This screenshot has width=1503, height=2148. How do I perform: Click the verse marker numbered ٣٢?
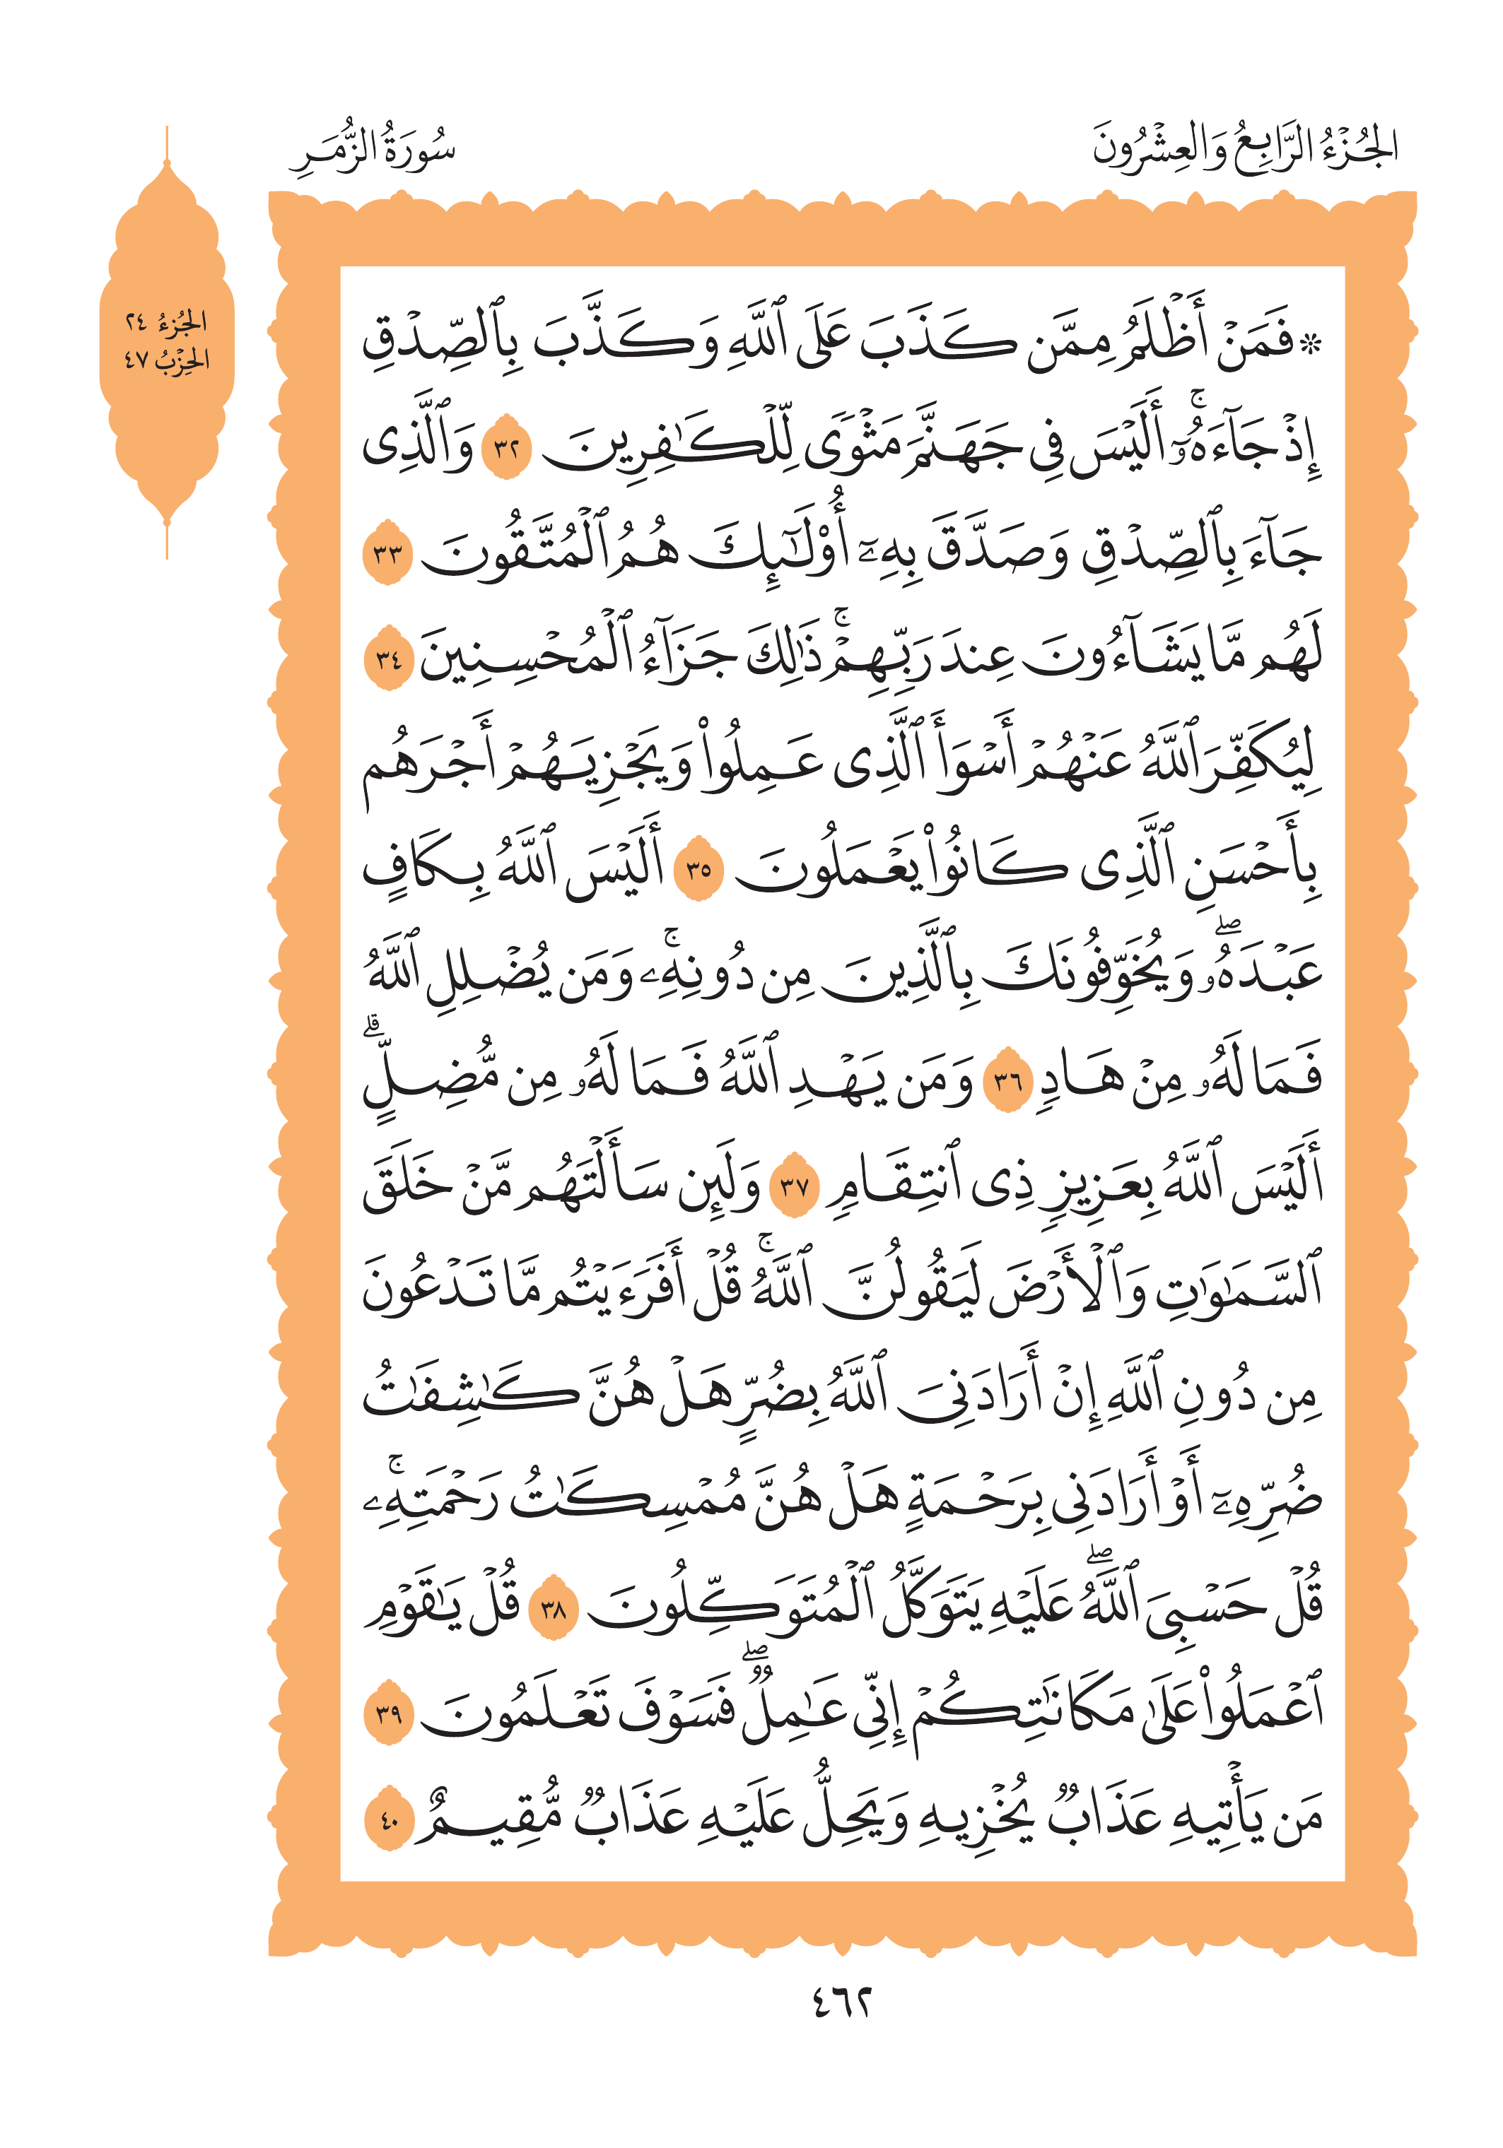(505, 447)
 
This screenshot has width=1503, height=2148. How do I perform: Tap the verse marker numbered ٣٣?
(387, 553)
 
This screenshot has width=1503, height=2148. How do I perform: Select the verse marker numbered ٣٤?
(387, 658)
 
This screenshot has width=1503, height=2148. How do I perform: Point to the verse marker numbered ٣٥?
(698, 869)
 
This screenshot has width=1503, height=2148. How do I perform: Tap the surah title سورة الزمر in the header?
(373, 150)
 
